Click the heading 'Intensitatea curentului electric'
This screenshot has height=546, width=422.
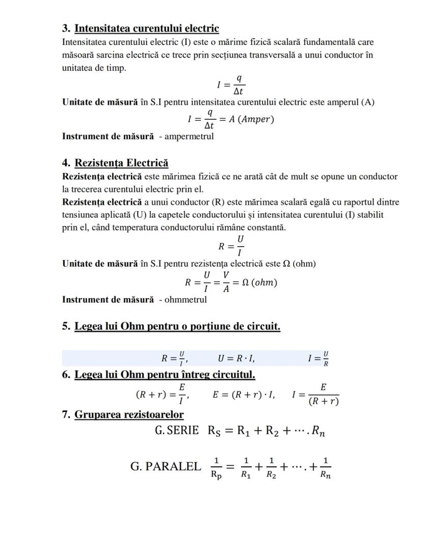(x=147, y=28)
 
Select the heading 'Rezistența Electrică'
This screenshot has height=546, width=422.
(x=121, y=163)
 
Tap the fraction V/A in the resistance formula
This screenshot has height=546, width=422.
(x=226, y=282)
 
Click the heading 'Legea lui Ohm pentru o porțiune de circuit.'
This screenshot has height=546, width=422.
(x=177, y=326)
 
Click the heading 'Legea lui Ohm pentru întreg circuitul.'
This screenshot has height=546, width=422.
(x=165, y=375)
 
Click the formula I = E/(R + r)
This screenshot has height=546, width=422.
(x=315, y=395)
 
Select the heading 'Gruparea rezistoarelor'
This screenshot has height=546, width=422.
(x=129, y=414)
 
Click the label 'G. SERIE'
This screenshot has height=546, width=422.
(x=177, y=430)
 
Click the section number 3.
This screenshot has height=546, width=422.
(x=66, y=28)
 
